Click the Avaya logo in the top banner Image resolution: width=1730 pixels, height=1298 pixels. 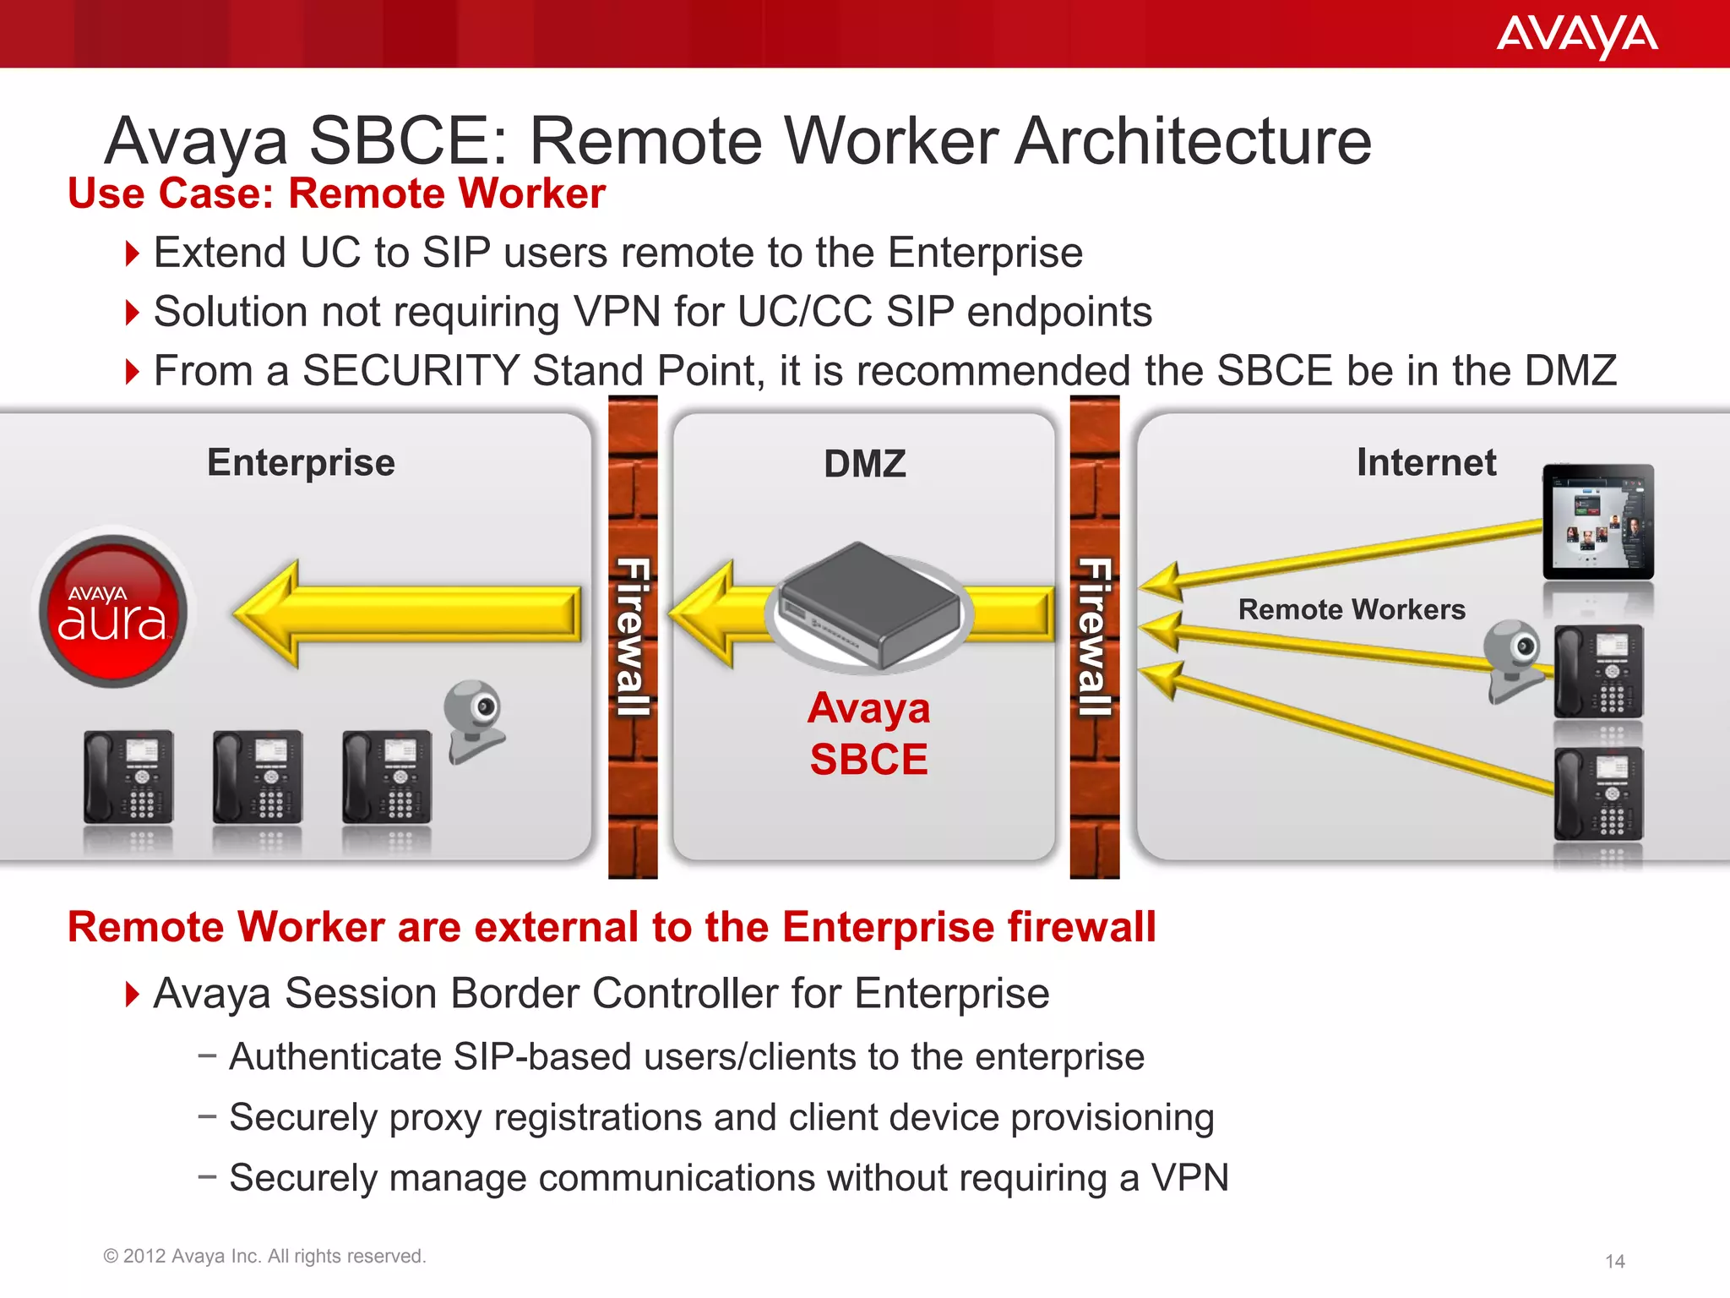click(x=1576, y=35)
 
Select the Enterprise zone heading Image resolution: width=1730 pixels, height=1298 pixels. click(x=301, y=462)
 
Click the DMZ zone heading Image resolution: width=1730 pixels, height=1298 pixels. click(x=864, y=464)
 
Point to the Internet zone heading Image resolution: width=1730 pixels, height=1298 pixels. click(x=1426, y=462)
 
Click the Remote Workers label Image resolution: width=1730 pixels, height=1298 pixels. click(x=1351, y=609)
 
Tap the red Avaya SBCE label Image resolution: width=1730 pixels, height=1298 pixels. click(x=868, y=733)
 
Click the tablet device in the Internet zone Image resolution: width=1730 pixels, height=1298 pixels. click(x=1597, y=521)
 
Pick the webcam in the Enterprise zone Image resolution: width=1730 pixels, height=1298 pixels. click(x=475, y=719)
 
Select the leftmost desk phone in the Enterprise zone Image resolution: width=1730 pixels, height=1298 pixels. click(x=128, y=776)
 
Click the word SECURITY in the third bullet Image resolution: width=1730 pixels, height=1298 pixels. click(x=411, y=371)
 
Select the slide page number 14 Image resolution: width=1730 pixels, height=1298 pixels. click(x=1614, y=1261)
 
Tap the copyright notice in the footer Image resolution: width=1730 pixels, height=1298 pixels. click(x=264, y=1256)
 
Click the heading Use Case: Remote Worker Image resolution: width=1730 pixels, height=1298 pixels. click(x=336, y=194)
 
